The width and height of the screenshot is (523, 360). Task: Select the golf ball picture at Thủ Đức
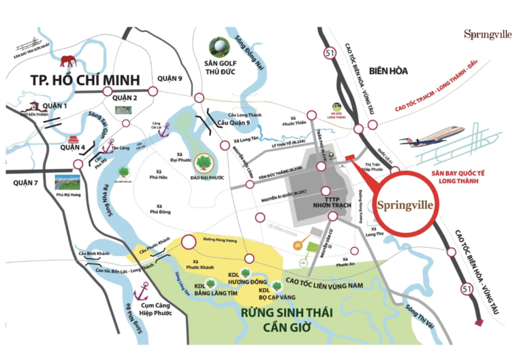[x=219, y=46]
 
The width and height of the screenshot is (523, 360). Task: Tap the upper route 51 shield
[x=330, y=52]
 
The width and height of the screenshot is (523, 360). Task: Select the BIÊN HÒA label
[x=387, y=70]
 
